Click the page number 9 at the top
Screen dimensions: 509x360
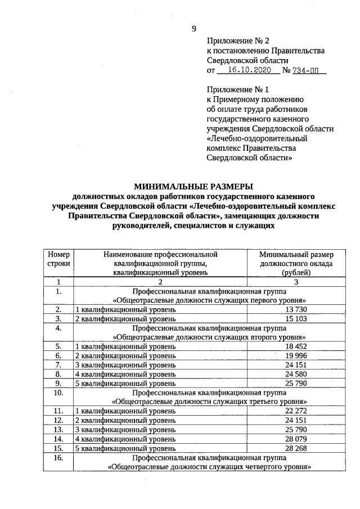[194, 29]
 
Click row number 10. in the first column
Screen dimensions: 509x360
[58, 393]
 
